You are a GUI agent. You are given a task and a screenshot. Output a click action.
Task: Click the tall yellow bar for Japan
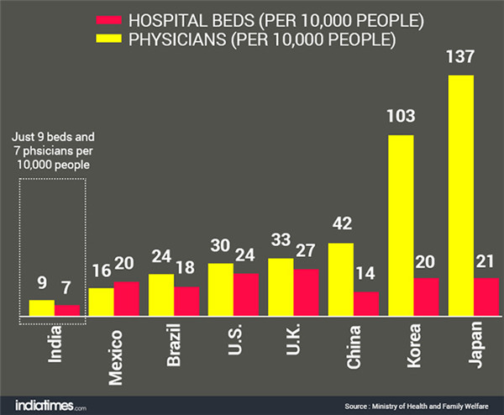click(460, 195)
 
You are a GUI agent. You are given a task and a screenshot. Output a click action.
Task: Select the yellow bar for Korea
click(401, 224)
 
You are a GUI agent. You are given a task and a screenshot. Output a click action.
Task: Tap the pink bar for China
click(367, 303)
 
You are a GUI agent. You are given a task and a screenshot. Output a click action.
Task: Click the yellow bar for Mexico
click(101, 301)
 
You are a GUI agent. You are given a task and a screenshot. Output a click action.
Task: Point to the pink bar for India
click(67, 310)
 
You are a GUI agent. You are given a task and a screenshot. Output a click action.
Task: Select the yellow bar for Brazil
click(161, 294)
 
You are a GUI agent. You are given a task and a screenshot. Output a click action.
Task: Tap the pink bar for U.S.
click(246, 294)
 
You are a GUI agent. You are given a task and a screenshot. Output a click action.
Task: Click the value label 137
click(461, 58)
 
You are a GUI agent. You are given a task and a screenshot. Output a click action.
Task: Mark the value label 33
click(281, 242)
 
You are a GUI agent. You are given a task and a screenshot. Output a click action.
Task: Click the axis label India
click(55, 345)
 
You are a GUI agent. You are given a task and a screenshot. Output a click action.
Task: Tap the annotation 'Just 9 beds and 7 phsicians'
click(51, 151)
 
